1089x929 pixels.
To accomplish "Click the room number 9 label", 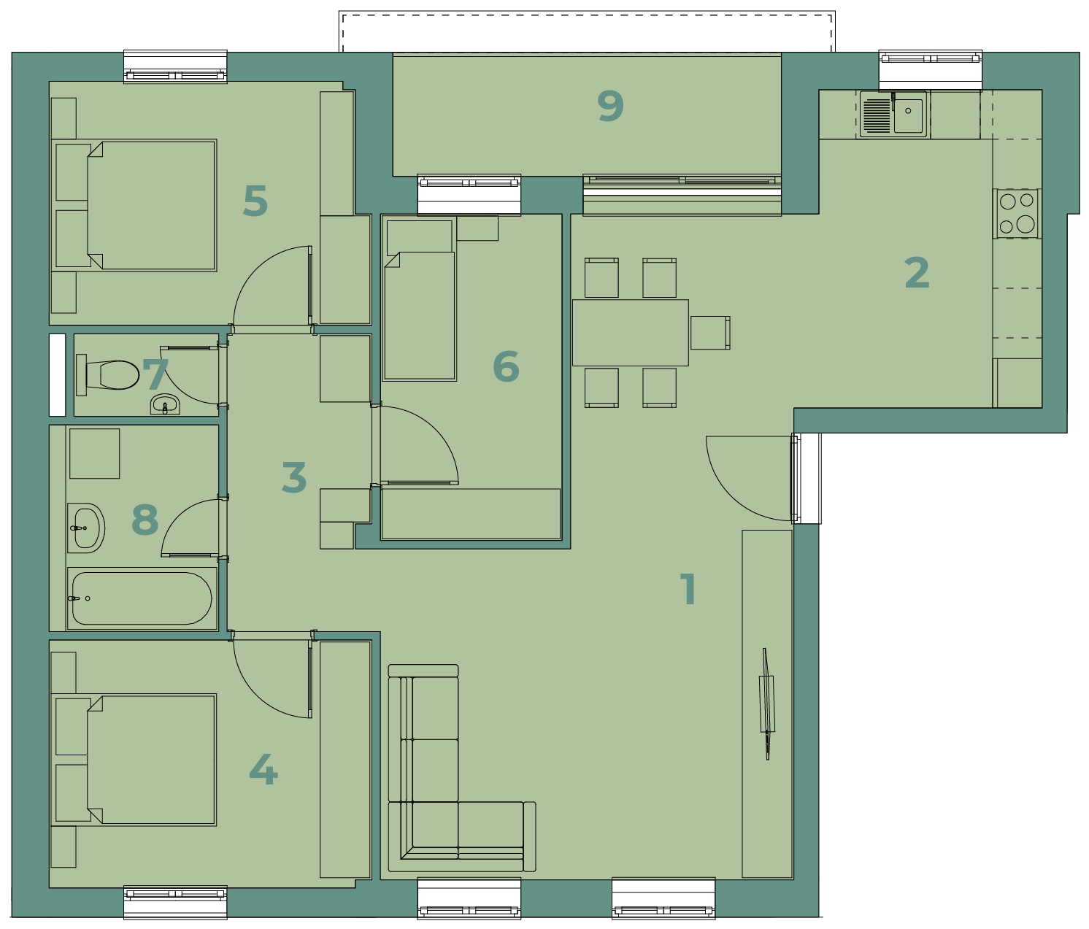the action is [x=611, y=106].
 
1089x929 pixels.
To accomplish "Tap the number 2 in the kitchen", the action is [x=917, y=273].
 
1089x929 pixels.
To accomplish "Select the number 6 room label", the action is [x=506, y=366].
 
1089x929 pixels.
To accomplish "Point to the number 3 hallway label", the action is [x=294, y=477].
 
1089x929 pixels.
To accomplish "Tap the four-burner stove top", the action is [x=1017, y=213].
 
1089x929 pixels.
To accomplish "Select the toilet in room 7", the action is [x=108, y=375].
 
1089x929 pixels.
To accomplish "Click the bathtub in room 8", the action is [x=142, y=599].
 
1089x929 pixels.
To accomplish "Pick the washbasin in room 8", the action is [x=86, y=528].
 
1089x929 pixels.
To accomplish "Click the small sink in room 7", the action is [x=165, y=404].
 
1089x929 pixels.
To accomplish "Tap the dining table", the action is [x=630, y=332].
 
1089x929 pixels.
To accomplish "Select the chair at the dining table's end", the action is [x=710, y=332].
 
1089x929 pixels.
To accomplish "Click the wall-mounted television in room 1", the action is [x=767, y=704].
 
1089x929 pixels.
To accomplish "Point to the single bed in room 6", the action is [x=419, y=299].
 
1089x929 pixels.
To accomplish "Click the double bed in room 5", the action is [x=134, y=205].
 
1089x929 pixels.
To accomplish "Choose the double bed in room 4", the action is [x=134, y=760].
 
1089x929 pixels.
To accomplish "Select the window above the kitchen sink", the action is [x=931, y=71].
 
